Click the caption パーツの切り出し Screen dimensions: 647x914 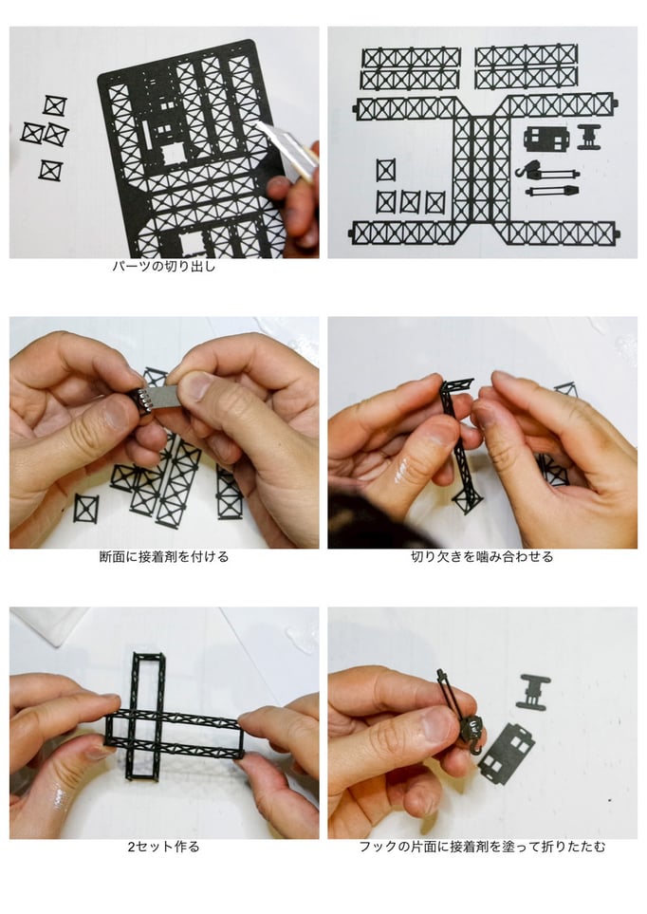click(164, 267)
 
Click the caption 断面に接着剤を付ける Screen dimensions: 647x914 click(164, 557)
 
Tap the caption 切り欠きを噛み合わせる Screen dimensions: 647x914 click(482, 557)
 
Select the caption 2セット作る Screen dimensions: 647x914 click(164, 847)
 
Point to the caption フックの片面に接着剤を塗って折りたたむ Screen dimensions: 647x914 click(482, 847)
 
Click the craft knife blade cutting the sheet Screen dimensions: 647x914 click(285, 146)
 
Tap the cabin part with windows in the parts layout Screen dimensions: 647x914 click(545, 139)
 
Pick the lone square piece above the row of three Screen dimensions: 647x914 click(385, 170)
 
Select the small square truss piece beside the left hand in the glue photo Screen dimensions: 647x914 click(85, 509)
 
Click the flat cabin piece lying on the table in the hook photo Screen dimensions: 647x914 click(507, 753)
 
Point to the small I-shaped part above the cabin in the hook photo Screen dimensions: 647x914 click(533, 692)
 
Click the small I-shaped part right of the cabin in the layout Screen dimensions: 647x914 click(589, 137)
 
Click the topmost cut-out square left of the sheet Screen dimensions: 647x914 click(54, 106)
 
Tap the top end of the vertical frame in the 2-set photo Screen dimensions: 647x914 click(149, 655)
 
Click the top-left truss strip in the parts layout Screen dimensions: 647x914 click(411, 58)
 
